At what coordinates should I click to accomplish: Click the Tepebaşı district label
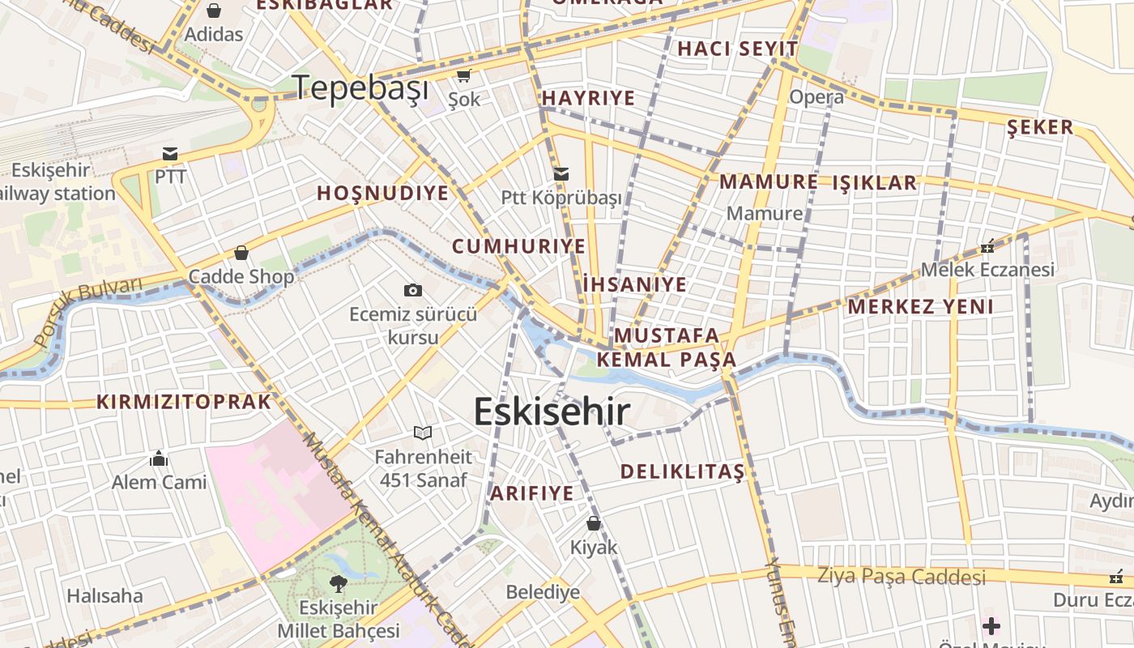(360, 87)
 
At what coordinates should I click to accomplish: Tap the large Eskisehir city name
(552, 411)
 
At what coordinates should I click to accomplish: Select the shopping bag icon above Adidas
(214, 11)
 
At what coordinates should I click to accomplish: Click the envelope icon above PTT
(170, 154)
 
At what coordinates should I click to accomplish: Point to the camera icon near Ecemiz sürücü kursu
(412, 290)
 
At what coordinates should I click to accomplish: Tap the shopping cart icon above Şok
(463, 76)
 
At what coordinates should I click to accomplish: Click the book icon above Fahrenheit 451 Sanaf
(423, 433)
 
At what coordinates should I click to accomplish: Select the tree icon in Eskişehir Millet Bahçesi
(338, 582)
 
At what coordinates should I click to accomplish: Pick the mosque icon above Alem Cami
(159, 459)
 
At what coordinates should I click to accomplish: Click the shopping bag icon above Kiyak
(594, 523)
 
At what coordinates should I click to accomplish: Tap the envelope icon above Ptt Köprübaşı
(561, 174)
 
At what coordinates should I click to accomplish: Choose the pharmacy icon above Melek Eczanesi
(987, 245)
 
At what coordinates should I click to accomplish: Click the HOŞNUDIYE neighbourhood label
(382, 193)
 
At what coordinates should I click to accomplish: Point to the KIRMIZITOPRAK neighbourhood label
(184, 402)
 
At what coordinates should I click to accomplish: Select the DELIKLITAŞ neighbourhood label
(682, 471)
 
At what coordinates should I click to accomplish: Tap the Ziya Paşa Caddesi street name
(902, 577)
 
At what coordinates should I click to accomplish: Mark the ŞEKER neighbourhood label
(1040, 127)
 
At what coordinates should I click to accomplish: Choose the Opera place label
(816, 97)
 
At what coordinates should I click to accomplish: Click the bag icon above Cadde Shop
(241, 253)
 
